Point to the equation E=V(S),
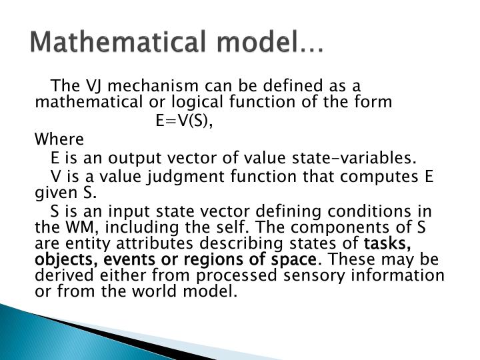point(185,121)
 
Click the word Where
point(59,140)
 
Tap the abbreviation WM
point(71,227)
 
